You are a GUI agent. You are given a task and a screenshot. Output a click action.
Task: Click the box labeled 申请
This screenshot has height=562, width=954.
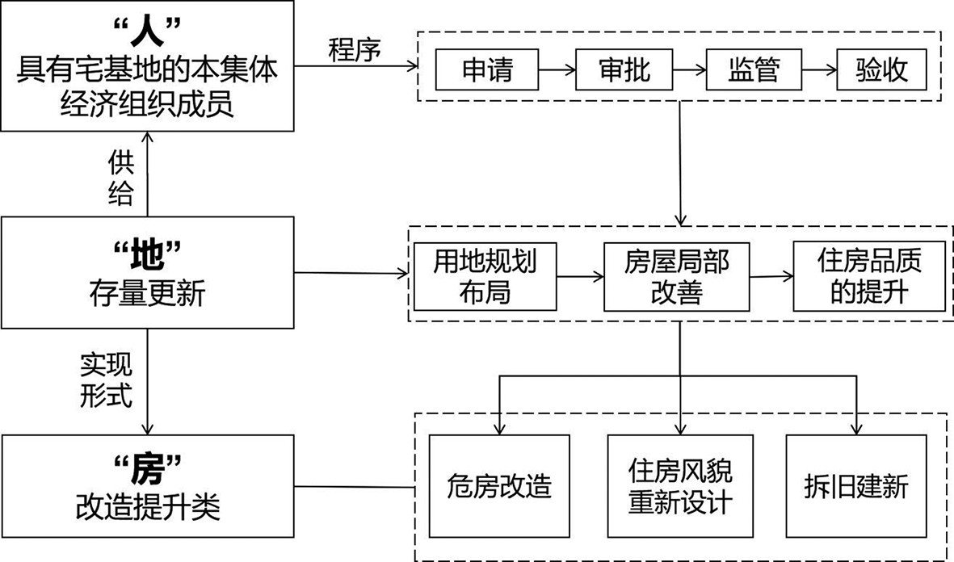pyautogui.click(x=487, y=70)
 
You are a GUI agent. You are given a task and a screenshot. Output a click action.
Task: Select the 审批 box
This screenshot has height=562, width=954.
pyautogui.click(x=624, y=70)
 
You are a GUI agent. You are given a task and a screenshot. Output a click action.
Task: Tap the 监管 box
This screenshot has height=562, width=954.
pyautogui.click(x=754, y=70)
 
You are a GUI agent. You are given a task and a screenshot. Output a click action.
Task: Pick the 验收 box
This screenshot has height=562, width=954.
pyautogui.click(x=882, y=70)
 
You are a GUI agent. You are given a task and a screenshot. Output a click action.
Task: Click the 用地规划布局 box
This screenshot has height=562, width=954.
pyautogui.click(x=485, y=276)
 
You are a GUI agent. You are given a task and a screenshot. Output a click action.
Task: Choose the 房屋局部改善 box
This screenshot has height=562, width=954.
pyautogui.click(x=677, y=276)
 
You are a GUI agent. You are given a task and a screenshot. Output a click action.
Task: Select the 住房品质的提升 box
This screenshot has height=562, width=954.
pyautogui.click(x=869, y=276)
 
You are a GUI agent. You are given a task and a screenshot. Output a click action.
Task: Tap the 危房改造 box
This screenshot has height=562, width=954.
pyautogui.click(x=499, y=486)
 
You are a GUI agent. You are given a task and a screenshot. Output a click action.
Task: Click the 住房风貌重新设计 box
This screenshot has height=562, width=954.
pyautogui.click(x=680, y=486)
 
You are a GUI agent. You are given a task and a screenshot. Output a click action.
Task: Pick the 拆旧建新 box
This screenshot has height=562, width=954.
pyautogui.click(x=856, y=486)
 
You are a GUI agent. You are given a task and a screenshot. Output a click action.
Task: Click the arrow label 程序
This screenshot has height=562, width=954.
pyautogui.click(x=355, y=50)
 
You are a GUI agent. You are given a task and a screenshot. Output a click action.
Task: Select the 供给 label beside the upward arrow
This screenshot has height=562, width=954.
pyautogui.click(x=121, y=178)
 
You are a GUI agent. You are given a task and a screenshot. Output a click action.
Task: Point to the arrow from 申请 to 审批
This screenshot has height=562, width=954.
pyautogui.click(x=556, y=71)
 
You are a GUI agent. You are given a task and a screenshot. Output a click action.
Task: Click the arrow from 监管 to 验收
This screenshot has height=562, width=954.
pyautogui.click(x=817, y=71)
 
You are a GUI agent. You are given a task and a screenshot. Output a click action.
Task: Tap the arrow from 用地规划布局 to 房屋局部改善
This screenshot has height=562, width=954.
pyautogui.click(x=580, y=276)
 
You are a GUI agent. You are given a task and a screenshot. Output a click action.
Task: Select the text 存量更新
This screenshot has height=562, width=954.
pyautogui.click(x=147, y=295)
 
